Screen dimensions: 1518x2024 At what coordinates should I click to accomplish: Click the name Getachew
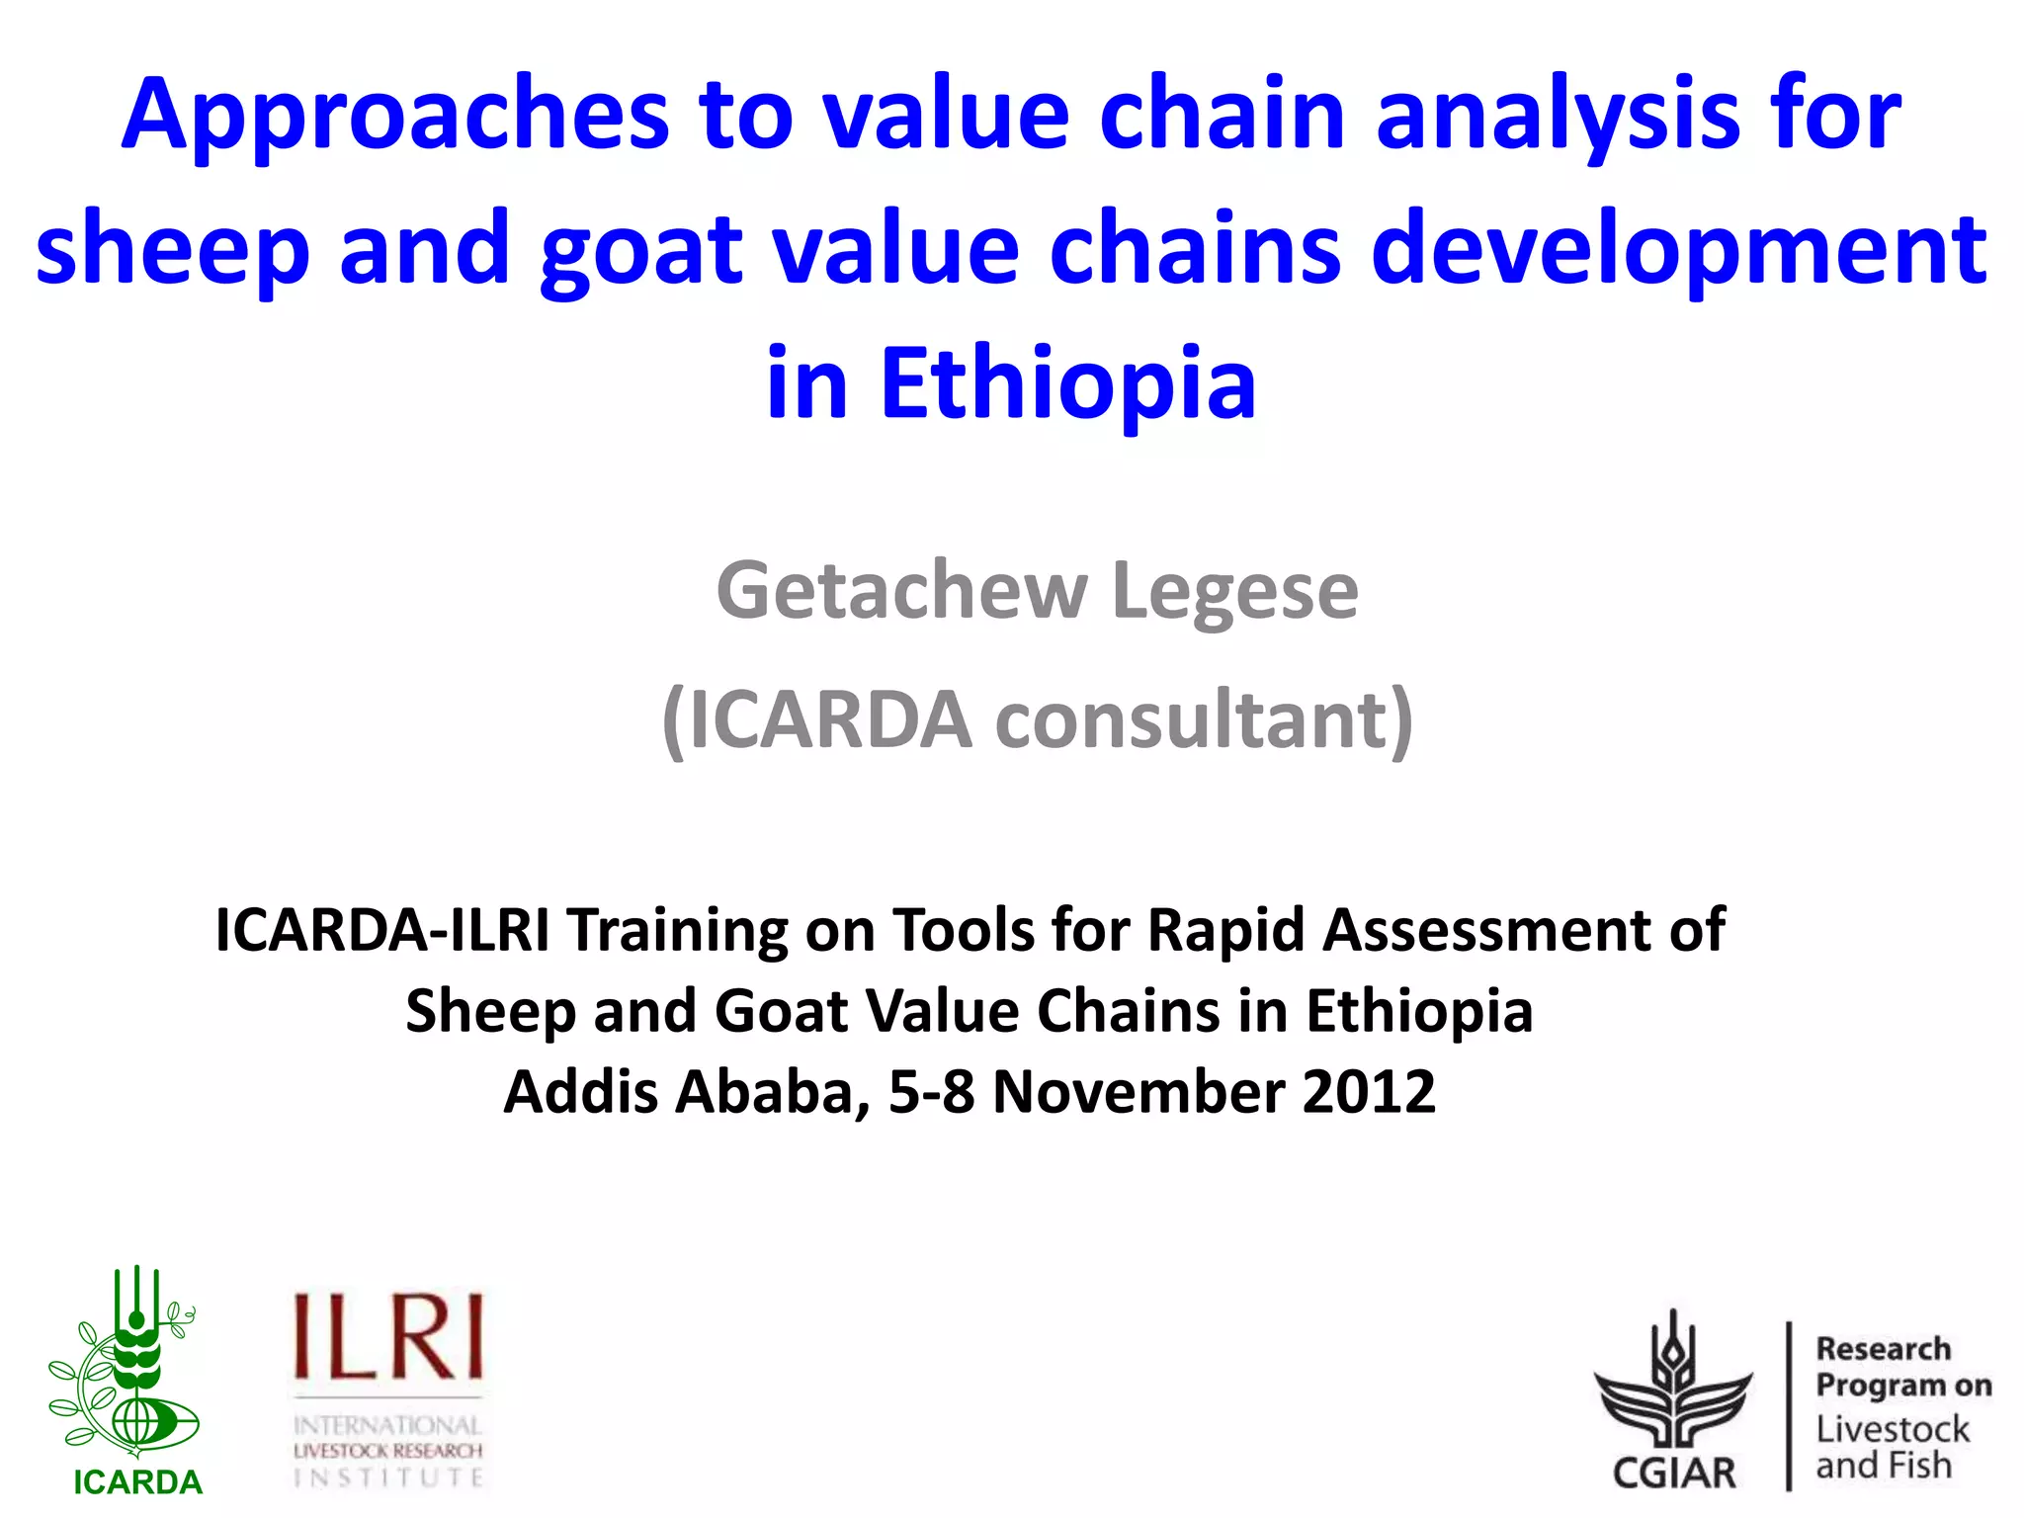[901, 591]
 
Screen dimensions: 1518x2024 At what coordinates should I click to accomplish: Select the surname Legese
[1235, 591]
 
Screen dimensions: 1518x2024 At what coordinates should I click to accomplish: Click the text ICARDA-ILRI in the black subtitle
[381, 931]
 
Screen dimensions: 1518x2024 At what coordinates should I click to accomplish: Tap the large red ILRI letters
[388, 1338]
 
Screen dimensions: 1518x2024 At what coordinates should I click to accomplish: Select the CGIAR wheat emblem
[1673, 1384]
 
